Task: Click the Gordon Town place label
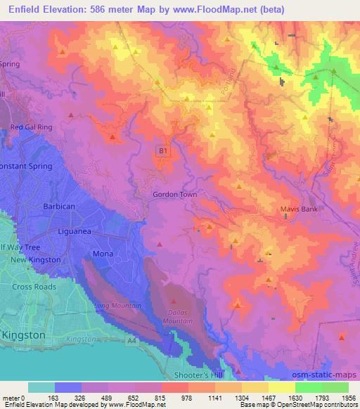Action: click(174, 194)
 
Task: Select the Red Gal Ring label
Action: click(31, 127)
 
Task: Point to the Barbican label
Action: click(59, 207)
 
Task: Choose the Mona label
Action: click(102, 253)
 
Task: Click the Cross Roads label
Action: click(34, 287)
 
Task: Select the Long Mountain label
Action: click(112, 306)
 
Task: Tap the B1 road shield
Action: click(162, 150)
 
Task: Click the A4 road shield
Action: click(131, 342)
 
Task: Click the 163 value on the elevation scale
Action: click(54, 397)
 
